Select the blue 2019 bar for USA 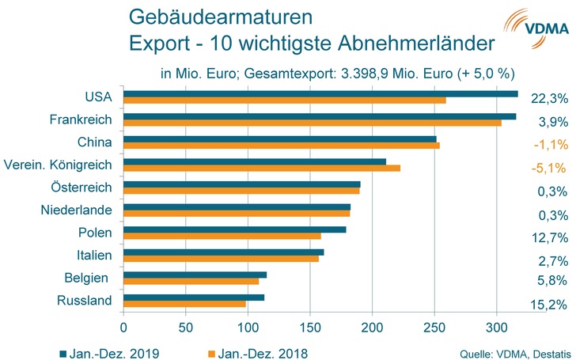(320, 94)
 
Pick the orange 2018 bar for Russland (184, 305)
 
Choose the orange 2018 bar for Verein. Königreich (262, 169)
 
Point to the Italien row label (92, 256)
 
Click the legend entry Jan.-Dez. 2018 (260, 350)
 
